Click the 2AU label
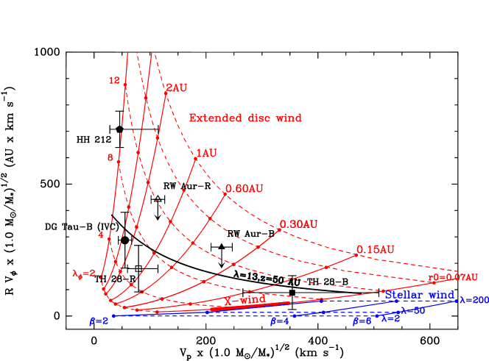(177, 87)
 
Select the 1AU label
(206, 153)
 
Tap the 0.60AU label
(245, 188)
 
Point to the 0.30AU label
(298, 224)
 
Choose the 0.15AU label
(375, 250)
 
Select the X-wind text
(245, 300)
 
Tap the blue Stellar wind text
(420, 295)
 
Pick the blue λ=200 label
(474, 300)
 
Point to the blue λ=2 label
(390, 318)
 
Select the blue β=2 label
(99, 321)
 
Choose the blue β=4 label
(279, 321)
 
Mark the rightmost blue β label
(362, 321)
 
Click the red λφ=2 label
(83, 274)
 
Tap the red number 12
(114, 80)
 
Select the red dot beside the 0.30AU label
(280, 229)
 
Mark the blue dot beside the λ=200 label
(457, 301)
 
